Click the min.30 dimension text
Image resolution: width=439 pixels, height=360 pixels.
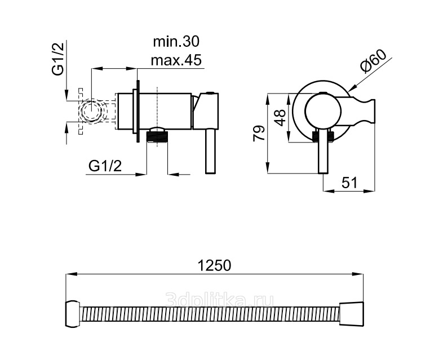pos(176,42)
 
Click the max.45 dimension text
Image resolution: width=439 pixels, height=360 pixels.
pos(176,60)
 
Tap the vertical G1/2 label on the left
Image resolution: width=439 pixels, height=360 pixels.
pos(58,59)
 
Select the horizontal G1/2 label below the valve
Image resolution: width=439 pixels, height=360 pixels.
pos(105,166)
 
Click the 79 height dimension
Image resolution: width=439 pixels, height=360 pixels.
pos(259,134)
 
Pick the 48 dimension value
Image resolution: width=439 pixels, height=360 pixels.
pos(280,117)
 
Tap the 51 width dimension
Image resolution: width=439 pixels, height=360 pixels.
pos(349,183)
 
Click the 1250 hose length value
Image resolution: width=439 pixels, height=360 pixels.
pos(215,265)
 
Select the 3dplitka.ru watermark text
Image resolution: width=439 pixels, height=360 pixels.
pos(220,299)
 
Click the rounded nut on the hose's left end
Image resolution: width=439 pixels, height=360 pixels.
pos(73,314)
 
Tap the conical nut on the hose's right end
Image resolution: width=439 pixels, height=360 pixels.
pos(352,314)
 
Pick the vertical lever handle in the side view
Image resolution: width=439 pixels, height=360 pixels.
pos(211,152)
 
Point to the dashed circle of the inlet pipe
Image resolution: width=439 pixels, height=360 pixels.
pos(91,111)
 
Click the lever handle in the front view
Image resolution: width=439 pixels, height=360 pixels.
pos(323,152)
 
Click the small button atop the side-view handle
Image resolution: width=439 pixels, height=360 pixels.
pos(211,92)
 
